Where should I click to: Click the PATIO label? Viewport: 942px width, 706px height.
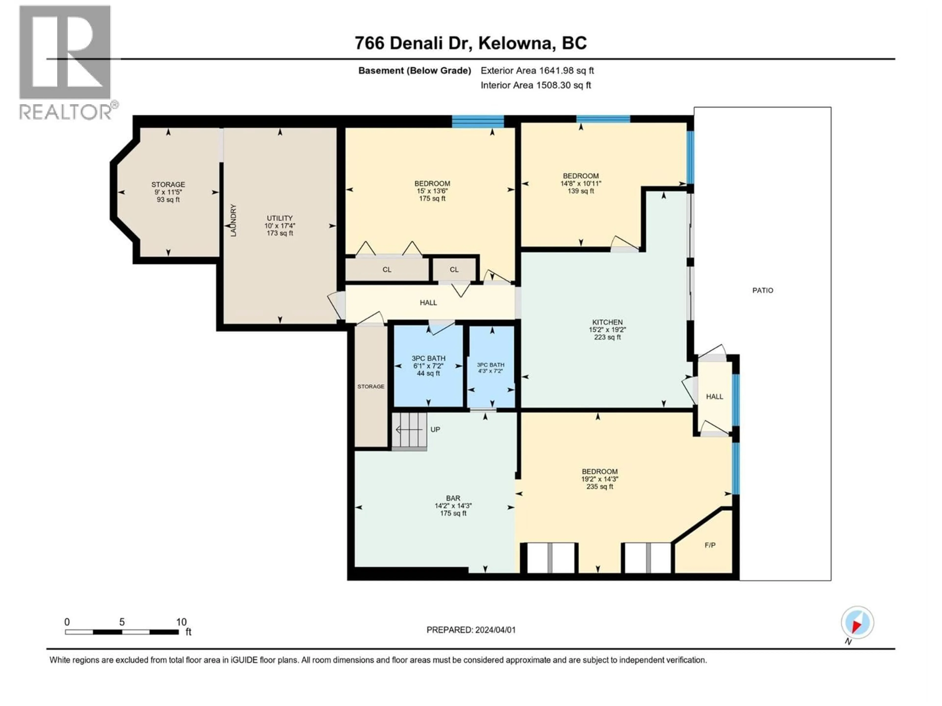point(762,290)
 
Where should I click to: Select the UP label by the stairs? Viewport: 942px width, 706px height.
point(435,429)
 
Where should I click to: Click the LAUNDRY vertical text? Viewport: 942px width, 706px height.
point(233,220)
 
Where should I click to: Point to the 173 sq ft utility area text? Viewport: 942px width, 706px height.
point(280,233)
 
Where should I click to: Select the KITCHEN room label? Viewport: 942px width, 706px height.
point(607,322)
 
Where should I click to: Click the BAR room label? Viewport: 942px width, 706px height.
point(453,498)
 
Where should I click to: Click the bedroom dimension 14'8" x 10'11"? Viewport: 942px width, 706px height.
point(580,183)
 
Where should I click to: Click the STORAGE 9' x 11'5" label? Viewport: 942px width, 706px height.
point(168,191)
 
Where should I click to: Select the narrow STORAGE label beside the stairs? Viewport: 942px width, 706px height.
point(370,386)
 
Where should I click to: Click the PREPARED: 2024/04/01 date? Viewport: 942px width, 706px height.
point(471,630)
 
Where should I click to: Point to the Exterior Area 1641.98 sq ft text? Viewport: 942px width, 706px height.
point(537,71)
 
